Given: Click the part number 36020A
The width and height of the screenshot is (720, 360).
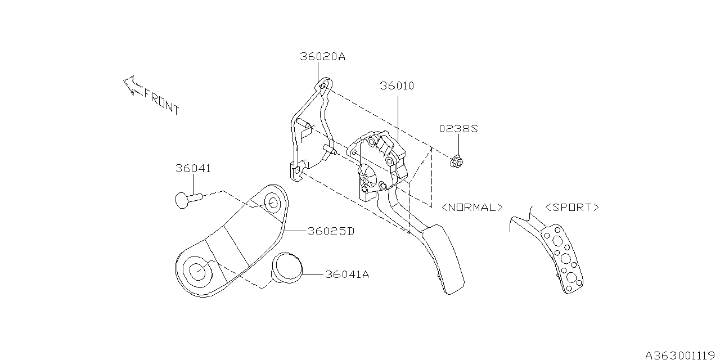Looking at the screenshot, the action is [x=322, y=57].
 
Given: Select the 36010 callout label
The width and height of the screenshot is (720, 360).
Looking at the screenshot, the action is [x=397, y=86].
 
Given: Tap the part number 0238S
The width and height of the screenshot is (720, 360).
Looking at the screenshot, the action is [x=458, y=129].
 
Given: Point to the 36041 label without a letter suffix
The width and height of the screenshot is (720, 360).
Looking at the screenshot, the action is [x=193, y=168].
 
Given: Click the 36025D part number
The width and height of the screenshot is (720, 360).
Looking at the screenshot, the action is [x=331, y=231].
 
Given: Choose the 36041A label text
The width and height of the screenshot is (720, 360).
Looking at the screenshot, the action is [x=347, y=274].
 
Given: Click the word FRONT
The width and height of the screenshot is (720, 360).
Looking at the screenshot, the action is [x=161, y=102].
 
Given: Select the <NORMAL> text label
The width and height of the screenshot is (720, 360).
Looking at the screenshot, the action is [x=472, y=208].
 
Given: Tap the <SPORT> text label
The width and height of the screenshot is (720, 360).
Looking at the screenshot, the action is [x=572, y=208].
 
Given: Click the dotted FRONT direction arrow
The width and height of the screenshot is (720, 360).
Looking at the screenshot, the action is [x=133, y=86].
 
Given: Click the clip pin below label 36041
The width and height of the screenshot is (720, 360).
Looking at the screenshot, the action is [x=188, y=200].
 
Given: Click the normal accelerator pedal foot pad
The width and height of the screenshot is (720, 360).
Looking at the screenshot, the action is [x=444, y=259].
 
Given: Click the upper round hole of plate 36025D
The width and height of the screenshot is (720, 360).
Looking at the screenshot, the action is [x=273, y=203].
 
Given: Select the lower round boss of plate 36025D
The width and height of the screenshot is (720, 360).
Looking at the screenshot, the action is [x=197, y=271].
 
